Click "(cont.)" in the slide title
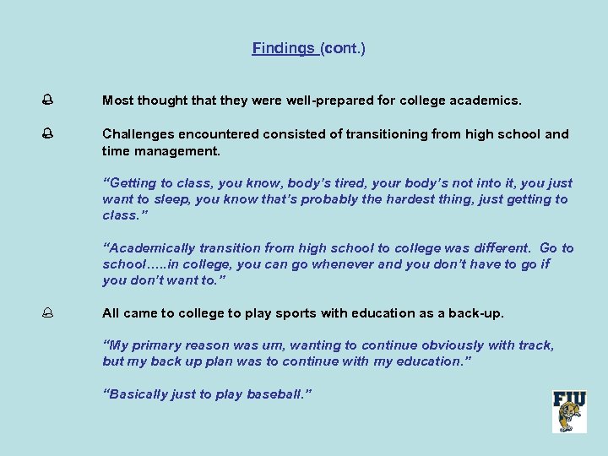[343, 49]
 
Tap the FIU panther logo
[569, 411]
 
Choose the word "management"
[177, 151]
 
